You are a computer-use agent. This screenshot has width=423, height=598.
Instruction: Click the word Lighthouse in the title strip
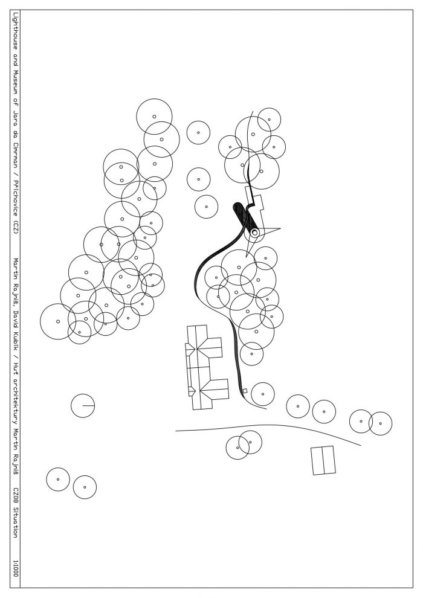15,31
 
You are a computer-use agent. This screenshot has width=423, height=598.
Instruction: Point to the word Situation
15,522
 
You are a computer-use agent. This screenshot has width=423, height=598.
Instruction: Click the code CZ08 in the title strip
15,494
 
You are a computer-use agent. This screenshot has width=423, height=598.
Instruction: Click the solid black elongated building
244,217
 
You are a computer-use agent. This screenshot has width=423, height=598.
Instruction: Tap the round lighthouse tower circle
254,232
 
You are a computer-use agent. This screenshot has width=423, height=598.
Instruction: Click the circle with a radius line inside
83,405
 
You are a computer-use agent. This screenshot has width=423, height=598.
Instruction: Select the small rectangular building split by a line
323,460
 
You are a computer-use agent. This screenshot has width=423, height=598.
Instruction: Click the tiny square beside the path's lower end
245,391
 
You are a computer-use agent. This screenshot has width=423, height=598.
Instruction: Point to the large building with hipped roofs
206,367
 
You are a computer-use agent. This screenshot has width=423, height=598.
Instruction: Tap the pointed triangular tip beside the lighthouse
280,229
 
